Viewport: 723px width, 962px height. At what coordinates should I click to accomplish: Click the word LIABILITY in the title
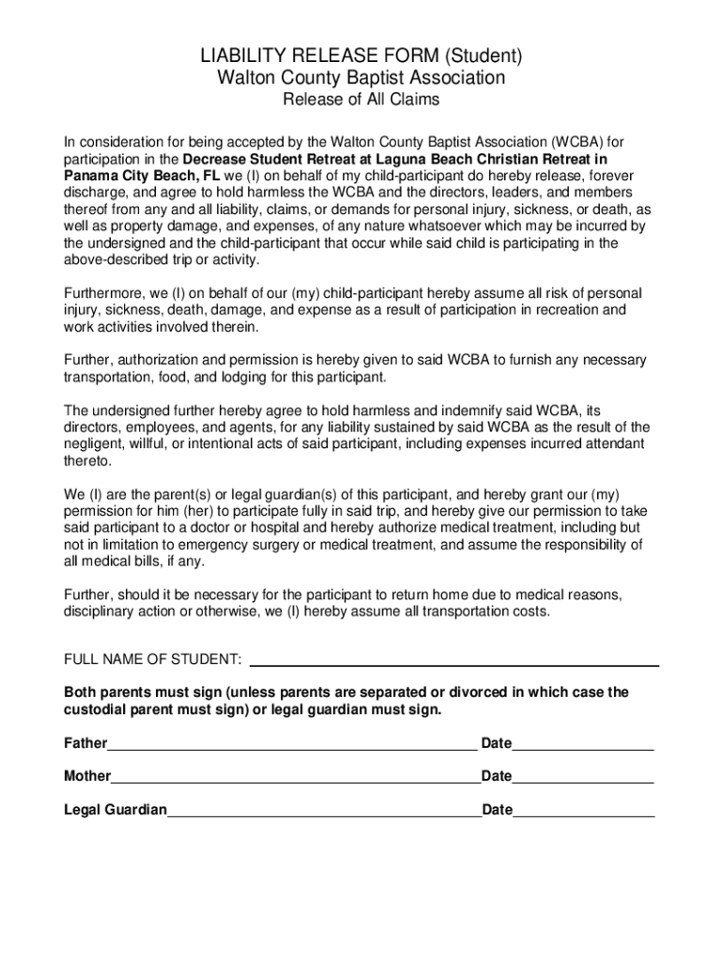pyautogui.click(x=240, y=56)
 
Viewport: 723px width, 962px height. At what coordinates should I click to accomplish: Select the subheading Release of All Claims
pyautogui.click(x=361, y=100)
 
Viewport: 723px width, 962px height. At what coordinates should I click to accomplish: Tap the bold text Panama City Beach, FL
pyautogui.click(x=142, y=176)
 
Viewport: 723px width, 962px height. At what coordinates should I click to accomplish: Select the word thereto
pyautogui.click(x=87, y=461)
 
